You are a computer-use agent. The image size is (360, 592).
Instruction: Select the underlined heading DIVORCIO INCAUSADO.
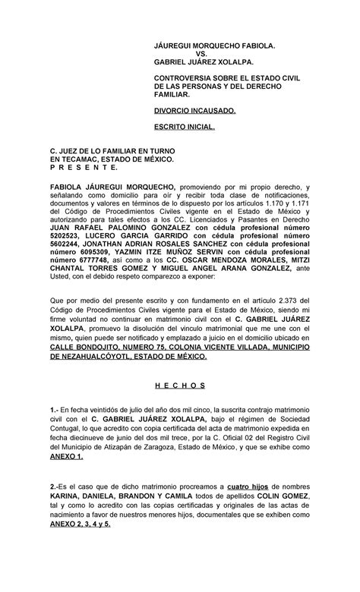pyautogui.click(x=194, y=110)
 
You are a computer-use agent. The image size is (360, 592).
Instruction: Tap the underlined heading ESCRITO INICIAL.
pyautogui.click(x=185, y=129)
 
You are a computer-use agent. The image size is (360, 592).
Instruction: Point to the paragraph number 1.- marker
pyautogui.click(x=55, y=407)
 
